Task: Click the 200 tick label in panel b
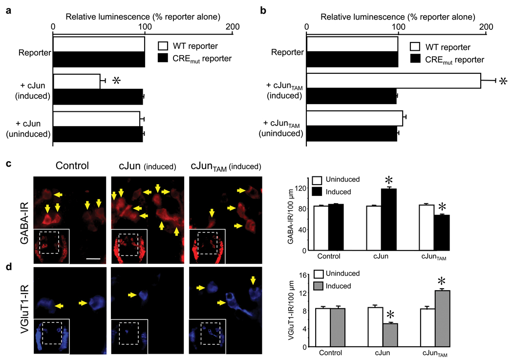pos(486,30)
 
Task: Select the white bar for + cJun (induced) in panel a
pos(76,82)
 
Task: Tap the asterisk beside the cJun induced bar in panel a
pos(116,81)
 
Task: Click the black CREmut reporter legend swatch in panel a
pos(165,59)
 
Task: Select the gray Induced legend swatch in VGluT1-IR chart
pos(318,285)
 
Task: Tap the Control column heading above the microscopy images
pos(72,165)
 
